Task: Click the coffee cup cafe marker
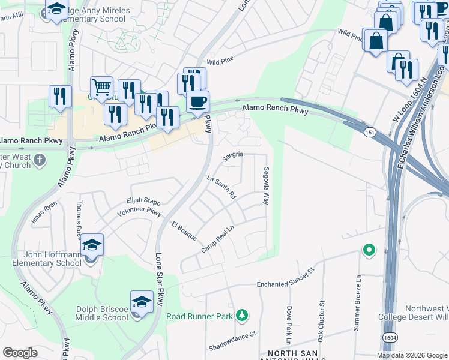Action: point(197,102)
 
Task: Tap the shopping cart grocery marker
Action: point(101,88)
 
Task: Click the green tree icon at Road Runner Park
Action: point(241,315)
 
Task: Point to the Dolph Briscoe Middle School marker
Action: point(142,302)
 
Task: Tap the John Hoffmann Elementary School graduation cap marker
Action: point(92,245)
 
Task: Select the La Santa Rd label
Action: point(221,187)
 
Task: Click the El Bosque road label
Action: point(184,231)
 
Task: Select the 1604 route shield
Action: point(389,338)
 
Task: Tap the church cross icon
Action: point(40,160)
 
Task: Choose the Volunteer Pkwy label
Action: point(139,212)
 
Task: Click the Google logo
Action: point(20,353)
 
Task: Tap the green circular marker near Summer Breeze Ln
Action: point(369,250)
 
